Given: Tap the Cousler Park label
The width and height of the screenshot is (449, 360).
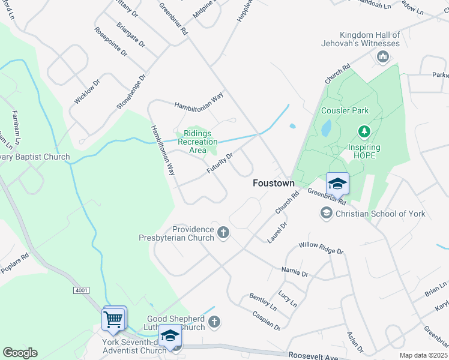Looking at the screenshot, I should (345, 110).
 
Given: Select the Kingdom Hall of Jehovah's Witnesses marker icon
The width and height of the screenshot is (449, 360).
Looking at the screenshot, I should (382, 57).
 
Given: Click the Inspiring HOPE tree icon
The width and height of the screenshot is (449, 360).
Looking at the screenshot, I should (363, 131).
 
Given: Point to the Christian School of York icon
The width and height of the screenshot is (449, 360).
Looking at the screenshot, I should (326, 213).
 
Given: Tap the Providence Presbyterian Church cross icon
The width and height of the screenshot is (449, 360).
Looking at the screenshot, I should (223, 233).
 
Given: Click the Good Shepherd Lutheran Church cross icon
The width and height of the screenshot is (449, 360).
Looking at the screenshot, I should (214, 323).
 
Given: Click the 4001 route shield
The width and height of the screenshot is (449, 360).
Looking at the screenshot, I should (82, 290).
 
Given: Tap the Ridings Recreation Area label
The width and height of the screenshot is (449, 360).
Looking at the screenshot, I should (200, 142).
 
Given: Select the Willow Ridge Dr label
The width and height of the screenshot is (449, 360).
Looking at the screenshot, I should (321, 248).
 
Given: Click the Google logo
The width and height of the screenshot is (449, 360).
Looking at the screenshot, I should (20, 352).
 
